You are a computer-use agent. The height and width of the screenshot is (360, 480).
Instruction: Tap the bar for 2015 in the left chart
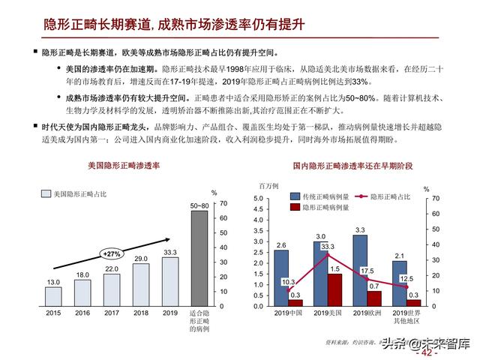pyautogui.click(x=53, y=295)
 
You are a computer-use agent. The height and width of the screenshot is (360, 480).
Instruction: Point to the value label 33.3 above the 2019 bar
pyautogui.click(x=170, y=253)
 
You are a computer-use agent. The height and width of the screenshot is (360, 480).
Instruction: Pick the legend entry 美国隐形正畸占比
pyautogui.click(x=78, y=194)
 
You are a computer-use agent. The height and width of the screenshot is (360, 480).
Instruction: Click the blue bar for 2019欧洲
pyautogui.click(x=359, y=268)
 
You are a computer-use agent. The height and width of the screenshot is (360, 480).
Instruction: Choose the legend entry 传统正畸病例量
pyautogui.click(x=322, y=196)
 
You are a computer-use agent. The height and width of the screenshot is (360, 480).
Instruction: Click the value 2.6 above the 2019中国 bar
pyautogui.click(x=280, y=245)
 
